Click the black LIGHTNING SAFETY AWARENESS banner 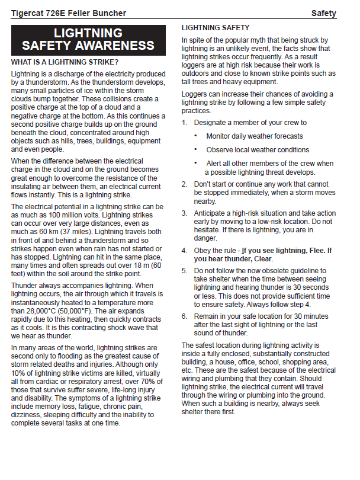click(88, 39)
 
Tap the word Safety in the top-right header click(323, 13)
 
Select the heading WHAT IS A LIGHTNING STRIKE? click(65, 62)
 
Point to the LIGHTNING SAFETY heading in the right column click(216, 28)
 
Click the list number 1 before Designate click(184, 123)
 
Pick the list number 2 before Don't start click(184, 184)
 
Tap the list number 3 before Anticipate click(184, 213)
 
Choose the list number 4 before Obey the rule click(184, 250)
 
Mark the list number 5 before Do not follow click(184, 270)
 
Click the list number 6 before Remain click(184, 316)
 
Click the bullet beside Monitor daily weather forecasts click(196, 136)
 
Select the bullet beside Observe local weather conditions click(196, 150)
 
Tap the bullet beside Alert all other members click(196, 164)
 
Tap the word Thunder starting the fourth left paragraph click(25, 285)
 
